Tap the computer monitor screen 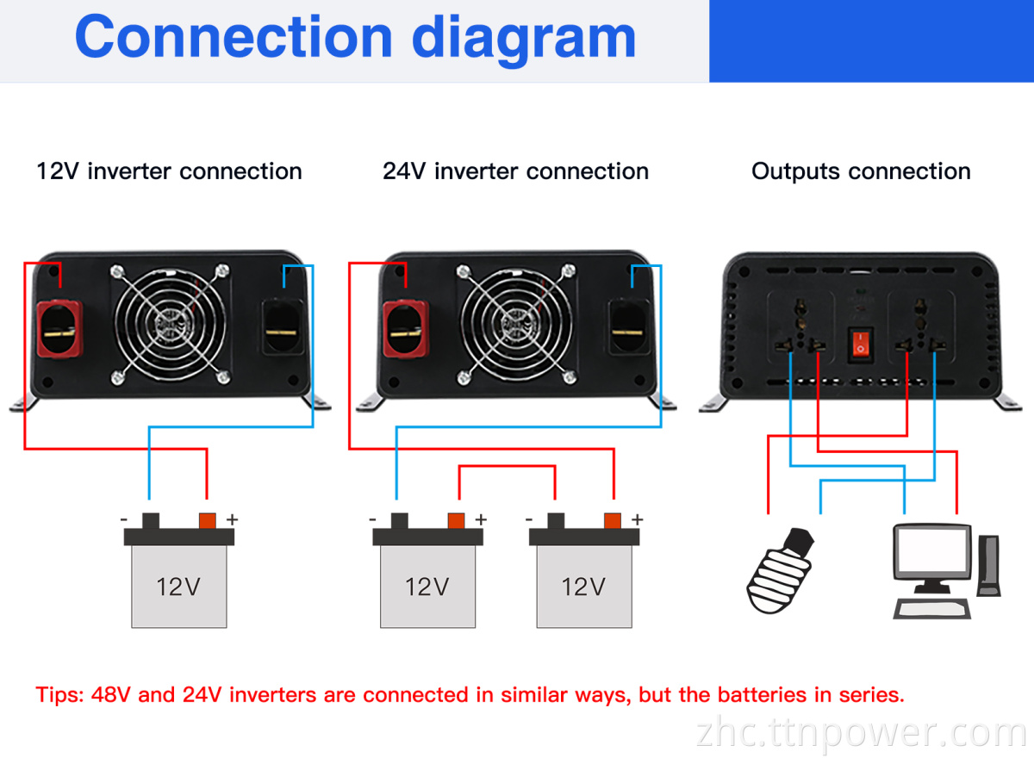tap(932, 552)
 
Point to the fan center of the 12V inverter tap(170, 325)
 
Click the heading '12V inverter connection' tap(169, 171)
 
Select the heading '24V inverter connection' tap(515, 171)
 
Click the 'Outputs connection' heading tap(861, 171)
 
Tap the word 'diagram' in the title tap(524, 38)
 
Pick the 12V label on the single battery tap(178, 587)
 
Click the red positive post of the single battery tap(208, 520)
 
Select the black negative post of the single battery tap(152, 520)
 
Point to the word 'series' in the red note tap(871, 695)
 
